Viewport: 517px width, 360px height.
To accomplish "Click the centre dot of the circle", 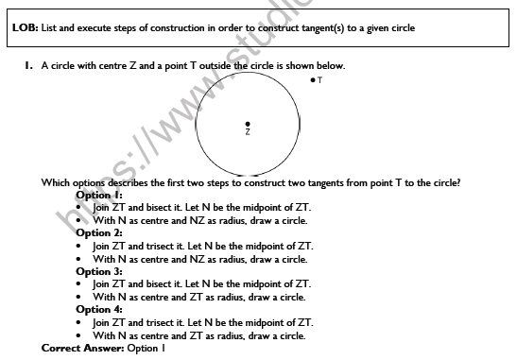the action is pyautogui.click(x=248, y=124).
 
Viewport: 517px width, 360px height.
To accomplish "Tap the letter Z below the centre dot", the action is pyautogui.click(x=248, y=133).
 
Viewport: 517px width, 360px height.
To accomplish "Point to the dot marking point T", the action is pyautogui.click(x=313, y=81).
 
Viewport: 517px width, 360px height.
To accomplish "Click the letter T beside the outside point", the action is pyautogui.click(x=320, y=81).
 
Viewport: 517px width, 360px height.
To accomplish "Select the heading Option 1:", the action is pyautogui.click(x=99, y=195).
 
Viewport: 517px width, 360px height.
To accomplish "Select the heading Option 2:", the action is pyautogui.click(x=99, y=232).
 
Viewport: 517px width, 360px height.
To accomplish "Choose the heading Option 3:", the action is pyautogui.click(x=99, y=271).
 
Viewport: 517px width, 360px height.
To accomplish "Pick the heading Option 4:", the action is pyautogui.click(x=99, y=309).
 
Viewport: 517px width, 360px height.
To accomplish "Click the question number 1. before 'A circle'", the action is pyautogui.click(x=29, y=66).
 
